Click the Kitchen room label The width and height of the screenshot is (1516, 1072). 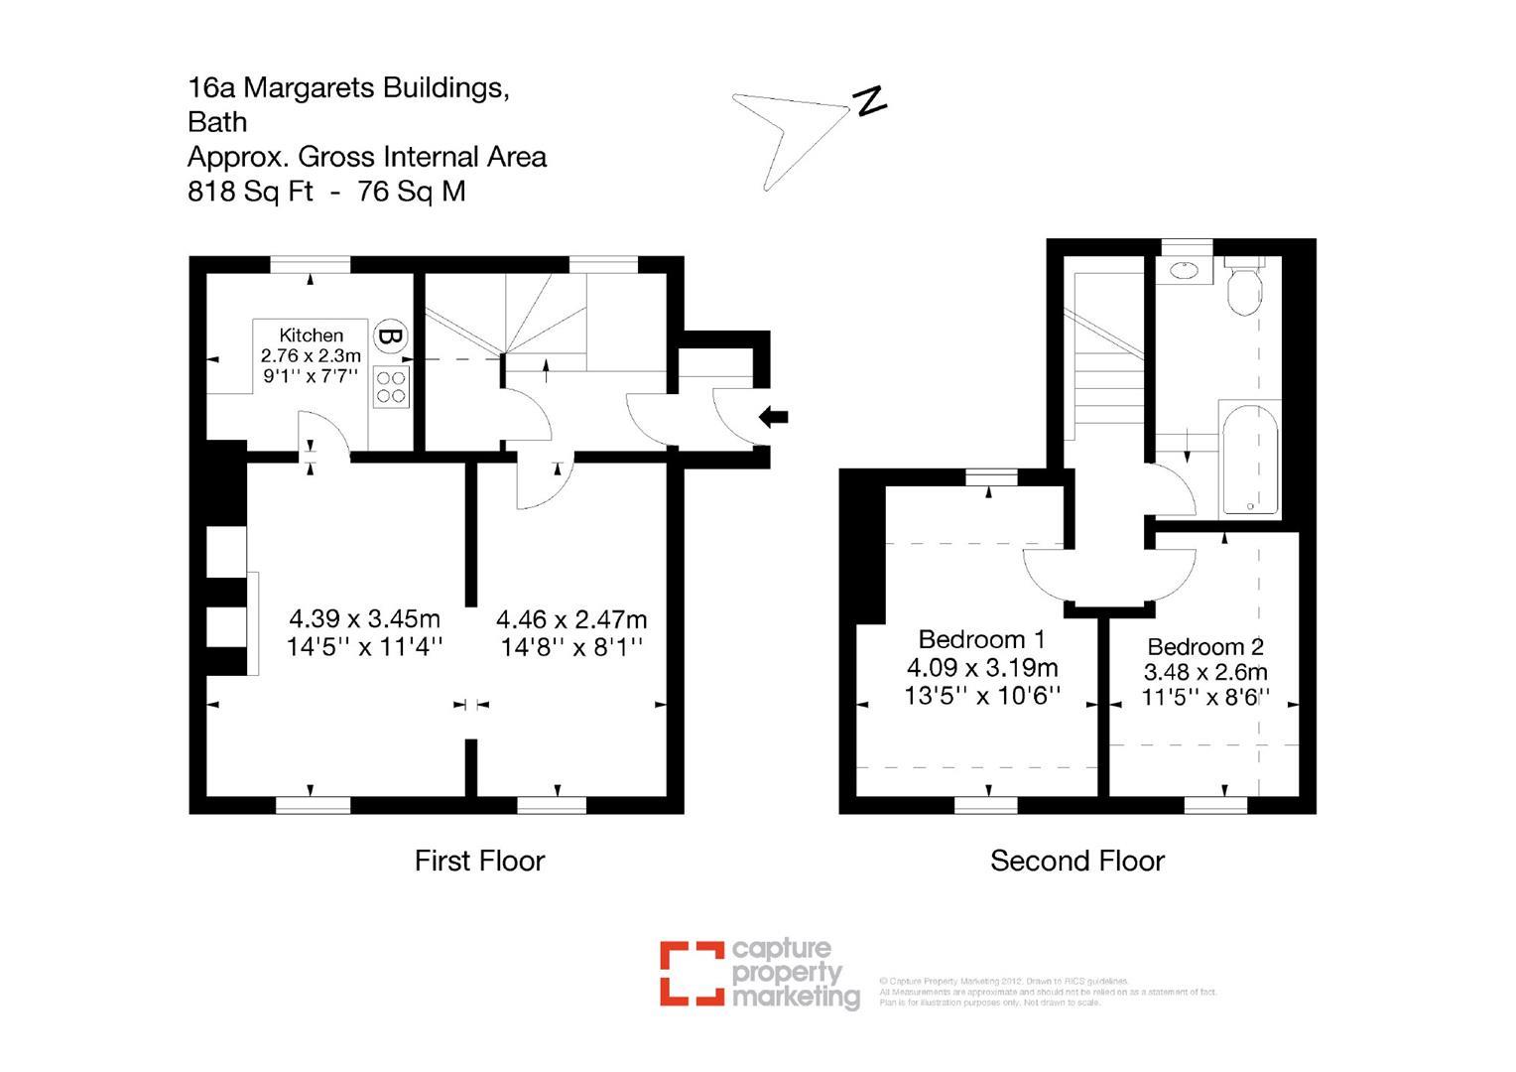(311, 335)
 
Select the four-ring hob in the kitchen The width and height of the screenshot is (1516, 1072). (392, 386)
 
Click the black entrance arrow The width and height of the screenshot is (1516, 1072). (774, 417)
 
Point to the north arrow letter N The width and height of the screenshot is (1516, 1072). (870, 100)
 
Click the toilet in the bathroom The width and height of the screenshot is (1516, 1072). (1242, 287)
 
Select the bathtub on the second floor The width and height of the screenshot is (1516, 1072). (1249, 458)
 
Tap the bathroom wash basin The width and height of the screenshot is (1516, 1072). (1185, 270)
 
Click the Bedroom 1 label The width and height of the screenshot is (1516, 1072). (980, 638)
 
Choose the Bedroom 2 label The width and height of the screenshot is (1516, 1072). (1205, 647)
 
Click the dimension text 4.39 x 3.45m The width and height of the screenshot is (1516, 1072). (364, 618)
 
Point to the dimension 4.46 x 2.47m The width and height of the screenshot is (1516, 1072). (571, 619)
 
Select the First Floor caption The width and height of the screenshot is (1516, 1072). (479, 861)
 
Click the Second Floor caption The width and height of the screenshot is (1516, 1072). (1076, 861)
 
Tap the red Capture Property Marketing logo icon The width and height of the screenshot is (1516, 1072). (692, 973)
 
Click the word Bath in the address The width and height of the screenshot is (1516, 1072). (217, 122)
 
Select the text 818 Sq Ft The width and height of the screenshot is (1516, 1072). (250, 191)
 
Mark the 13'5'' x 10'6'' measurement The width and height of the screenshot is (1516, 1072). (982, 695)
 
